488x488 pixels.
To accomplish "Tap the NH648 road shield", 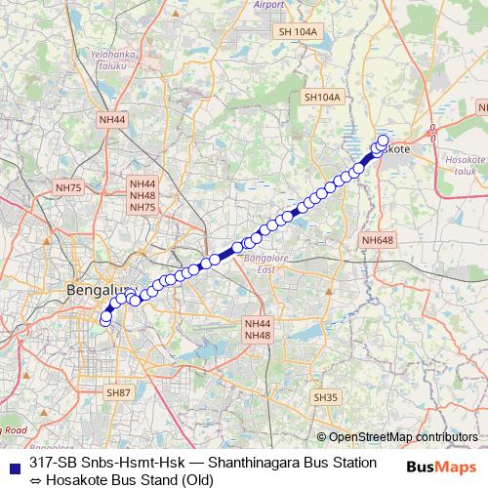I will (377, 240).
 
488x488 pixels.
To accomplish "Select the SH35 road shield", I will (325, 397).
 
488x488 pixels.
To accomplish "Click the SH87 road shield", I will (117, 391).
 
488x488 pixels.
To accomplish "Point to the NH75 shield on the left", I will (68, 186).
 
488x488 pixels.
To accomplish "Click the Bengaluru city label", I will (98, 289).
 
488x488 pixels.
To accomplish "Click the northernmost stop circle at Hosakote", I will (383, 140).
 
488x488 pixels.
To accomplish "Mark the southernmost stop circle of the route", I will (105, 322).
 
